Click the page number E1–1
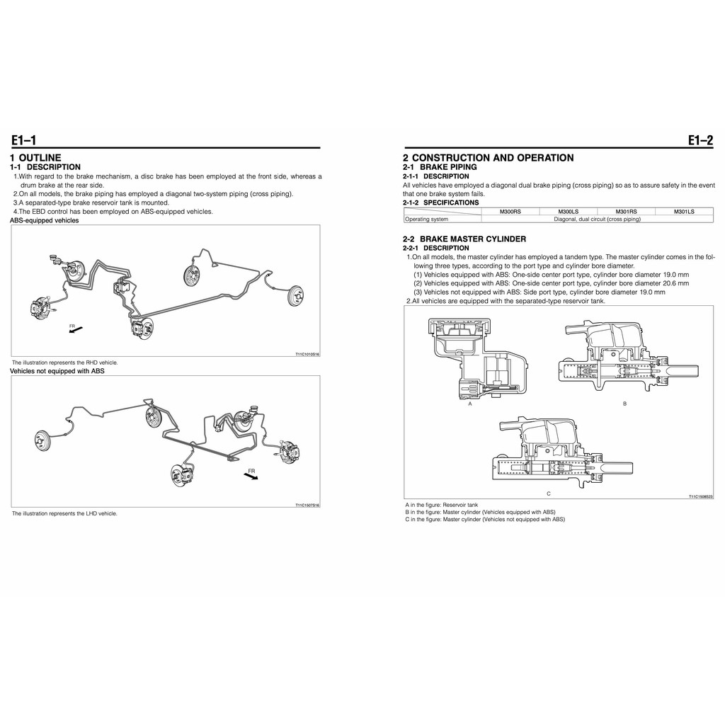pos(23,140)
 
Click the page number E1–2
pos(700,140)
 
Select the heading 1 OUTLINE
pos(35,157)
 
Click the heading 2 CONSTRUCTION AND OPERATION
pos(488,157)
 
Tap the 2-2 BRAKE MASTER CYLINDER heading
pos(464,239)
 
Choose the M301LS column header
pos(684,211)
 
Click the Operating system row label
pos(426,219)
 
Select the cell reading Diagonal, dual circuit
pos(597,219)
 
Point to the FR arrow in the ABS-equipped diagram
pos(76,329)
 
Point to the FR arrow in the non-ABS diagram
pos(251,475)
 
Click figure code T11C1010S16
pos(307,355)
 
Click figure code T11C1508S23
pos(700,496)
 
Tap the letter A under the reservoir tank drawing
pos(469,404)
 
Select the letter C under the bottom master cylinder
pos(548,493)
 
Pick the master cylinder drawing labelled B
pos(627,361)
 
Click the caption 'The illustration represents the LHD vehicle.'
pos(64,513)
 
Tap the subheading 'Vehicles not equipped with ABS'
pos(57,371)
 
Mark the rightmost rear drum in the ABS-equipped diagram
pos(295,296)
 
